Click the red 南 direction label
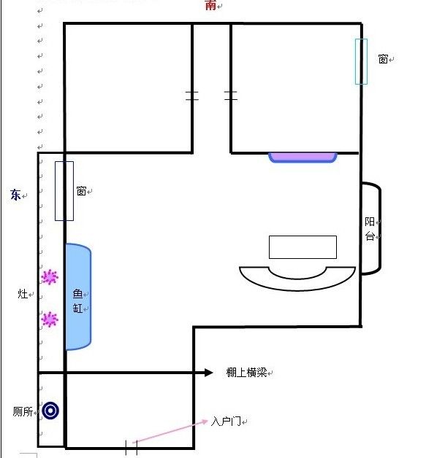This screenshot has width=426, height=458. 210,5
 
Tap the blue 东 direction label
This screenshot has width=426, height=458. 15,195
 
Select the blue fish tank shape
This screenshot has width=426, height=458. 78,297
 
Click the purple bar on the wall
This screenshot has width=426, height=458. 303,157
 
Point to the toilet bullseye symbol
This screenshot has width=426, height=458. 50,411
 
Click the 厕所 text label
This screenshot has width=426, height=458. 23,411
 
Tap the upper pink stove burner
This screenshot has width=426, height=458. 50,276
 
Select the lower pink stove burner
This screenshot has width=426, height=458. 50,319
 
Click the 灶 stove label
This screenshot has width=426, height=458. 23,294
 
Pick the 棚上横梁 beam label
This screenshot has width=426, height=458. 246,373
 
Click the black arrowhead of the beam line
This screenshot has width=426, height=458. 208,373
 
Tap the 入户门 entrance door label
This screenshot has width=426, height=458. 226,422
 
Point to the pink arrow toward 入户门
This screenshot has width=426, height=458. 170,432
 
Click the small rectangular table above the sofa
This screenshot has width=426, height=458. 303,247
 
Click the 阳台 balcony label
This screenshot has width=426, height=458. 370,229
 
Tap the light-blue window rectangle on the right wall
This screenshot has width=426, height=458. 362,62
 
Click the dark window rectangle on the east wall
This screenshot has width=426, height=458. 64,191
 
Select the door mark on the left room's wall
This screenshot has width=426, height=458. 192,96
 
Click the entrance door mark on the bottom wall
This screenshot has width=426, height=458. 132,448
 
